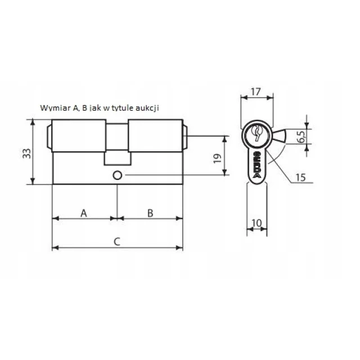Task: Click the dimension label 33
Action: pos(26,154)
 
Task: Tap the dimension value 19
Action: pos(218,159)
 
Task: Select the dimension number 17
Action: pos(255,92)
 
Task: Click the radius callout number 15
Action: pos(300,177)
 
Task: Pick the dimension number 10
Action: pos(256,223)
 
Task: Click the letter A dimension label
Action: pos(84,213)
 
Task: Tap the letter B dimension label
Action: pos(150,213)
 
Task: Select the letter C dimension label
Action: pos(117,241)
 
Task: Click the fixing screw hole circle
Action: pos(118,175)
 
